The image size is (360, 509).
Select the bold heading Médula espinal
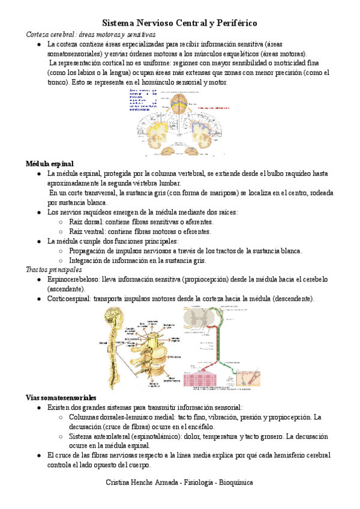(50, 164)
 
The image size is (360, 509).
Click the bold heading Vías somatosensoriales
(61, 398)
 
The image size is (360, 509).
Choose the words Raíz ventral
(85, 231)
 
